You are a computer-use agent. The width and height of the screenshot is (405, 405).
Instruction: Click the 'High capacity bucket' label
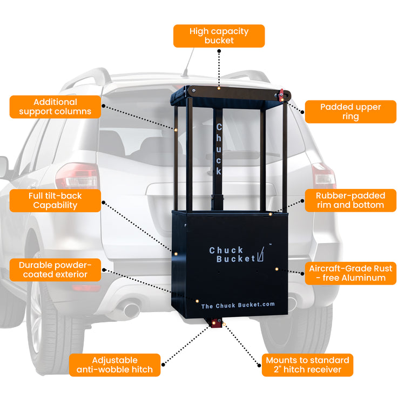pyautogui.click(x=219, y=36)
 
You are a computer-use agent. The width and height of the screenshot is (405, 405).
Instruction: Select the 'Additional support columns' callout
pyautogui.click(x=55, y=107)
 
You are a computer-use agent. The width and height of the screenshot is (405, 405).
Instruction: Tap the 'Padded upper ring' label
pyautogui.click(x=350, y=112)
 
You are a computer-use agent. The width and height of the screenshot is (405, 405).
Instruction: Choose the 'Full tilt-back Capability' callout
pyautogui.click(x=55, y=200)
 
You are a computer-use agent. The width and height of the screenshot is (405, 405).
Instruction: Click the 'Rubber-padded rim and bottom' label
pyautogui.click(x=350, y=200)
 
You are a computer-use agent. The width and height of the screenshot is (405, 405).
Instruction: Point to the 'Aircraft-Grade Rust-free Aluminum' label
pyautogui.click(x=350, y=273)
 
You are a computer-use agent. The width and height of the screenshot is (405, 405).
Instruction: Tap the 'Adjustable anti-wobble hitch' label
pyautogui.click(x=114, y=365)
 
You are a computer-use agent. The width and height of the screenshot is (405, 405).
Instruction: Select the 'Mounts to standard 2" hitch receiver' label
pyautogui.click(x=308, y=365)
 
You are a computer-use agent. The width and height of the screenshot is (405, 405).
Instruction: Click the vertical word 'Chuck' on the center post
pyautogui.click(x=219, y=149)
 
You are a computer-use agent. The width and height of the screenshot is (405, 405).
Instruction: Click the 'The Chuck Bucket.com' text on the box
pyautogui.click(x=238, y=305)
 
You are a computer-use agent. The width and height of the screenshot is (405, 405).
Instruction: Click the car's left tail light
pyautogui.click(x=77, y=176)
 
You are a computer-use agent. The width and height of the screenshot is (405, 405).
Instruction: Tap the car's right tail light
pyautogui.click(x=323, y=176)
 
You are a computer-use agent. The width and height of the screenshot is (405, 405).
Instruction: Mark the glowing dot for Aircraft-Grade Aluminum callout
pyautogui.click(x=276, y=268)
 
